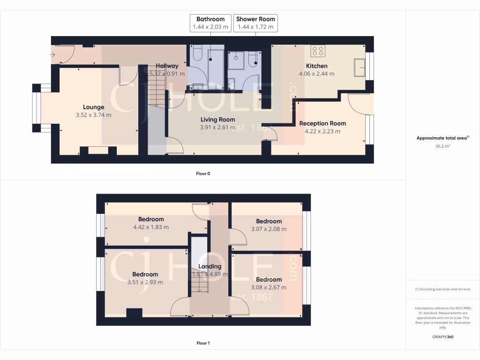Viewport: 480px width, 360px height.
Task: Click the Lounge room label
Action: (94, 107)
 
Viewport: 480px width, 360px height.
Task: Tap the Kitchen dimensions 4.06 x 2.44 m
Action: (316, 74)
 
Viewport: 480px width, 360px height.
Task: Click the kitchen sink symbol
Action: (360, 67)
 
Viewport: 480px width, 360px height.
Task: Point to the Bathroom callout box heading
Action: (210, 19)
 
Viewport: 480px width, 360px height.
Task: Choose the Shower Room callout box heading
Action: (255, 19)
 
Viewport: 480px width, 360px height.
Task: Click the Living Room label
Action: (217, 120)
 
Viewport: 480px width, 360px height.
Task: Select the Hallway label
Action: (167, 66)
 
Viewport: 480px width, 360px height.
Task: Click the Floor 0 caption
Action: (203, 173)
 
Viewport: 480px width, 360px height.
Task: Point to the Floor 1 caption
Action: (203, 343)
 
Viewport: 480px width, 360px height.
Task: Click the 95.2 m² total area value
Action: (443, 146)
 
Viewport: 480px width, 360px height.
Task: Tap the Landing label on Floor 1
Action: (210, 266)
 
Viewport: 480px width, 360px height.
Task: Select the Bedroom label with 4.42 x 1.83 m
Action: (151, 219)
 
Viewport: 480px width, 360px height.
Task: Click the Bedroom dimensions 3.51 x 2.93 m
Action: (145, 282)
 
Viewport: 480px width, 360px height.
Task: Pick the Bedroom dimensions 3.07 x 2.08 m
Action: (269, 229)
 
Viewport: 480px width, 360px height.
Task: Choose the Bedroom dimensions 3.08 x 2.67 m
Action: (269, 287)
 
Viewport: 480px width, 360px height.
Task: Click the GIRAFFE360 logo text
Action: (443, 337)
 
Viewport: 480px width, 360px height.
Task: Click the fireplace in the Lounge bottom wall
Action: (98, 150)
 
